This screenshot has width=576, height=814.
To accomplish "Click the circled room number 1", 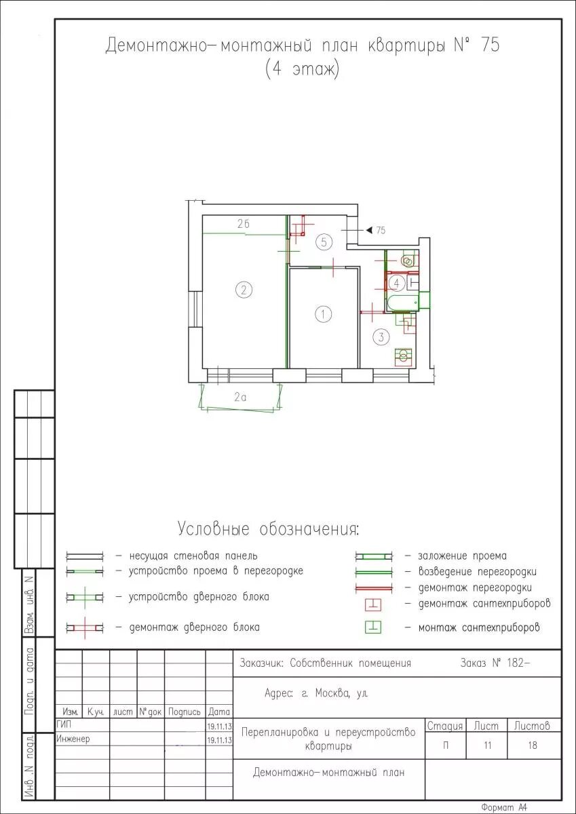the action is pos(324,313).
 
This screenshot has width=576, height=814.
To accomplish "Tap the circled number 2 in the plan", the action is pos(244,290).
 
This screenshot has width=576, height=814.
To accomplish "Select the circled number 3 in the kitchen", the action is pos(381,337).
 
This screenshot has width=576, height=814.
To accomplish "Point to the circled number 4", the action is pos(396,283).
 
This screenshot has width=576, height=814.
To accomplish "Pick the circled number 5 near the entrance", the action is pos(324,241).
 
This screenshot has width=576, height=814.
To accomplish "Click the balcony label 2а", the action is pos(240,398).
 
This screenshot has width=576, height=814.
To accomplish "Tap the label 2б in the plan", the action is pos(243,224).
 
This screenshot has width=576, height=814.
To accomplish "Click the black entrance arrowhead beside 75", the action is pos(368,230).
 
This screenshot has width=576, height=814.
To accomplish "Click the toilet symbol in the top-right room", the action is pos(407,260).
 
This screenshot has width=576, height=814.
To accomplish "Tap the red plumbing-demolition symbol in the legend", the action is pos(373,604).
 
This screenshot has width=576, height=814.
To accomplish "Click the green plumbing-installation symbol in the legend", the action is pos(373,627).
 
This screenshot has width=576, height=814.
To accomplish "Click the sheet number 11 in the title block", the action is pos(487,745).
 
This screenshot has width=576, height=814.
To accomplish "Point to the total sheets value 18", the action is pos(533,745).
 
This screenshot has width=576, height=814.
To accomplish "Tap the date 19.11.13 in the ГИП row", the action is pos(219,726).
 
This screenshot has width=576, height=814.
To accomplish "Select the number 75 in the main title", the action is pos(490,45).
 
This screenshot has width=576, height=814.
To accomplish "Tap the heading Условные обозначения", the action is pos(268,528).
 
